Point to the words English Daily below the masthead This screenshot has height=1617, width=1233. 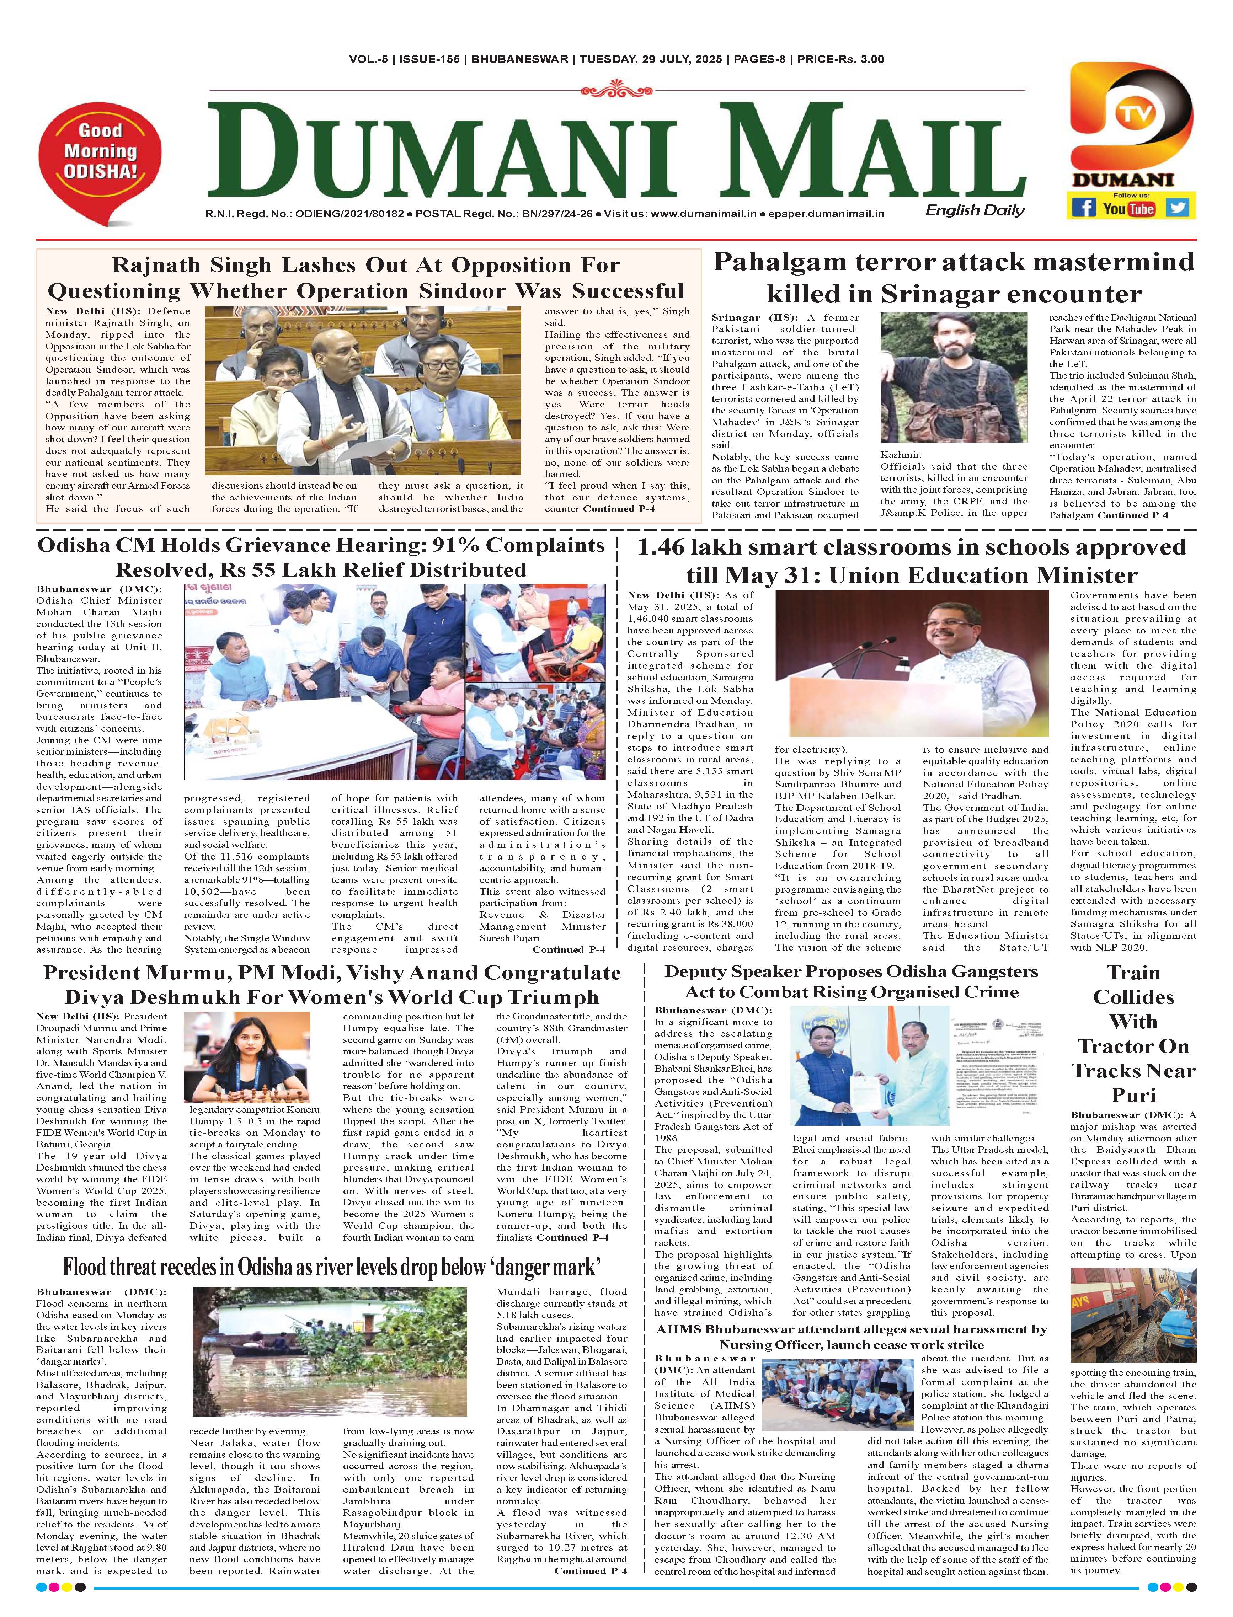975,210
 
